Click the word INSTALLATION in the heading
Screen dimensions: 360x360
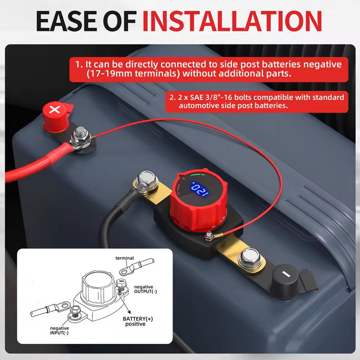coord(232,21)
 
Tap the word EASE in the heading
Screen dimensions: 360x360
coord(67,21)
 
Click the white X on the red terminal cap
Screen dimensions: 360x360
coord(55,109)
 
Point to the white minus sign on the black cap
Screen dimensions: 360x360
coord(286,274)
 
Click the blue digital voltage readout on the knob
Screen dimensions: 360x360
coord(200,189)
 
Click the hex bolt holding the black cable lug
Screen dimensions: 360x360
coord(146,180)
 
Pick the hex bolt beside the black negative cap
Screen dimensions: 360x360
coord(250,258)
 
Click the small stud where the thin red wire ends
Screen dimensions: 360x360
coord(209,236)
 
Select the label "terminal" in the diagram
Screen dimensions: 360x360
coord(125,258)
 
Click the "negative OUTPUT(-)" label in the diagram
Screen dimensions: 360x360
coord(145,289)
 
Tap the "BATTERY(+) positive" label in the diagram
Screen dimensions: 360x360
coord(138,321)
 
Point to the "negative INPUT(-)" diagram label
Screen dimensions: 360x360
coord(59,330)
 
